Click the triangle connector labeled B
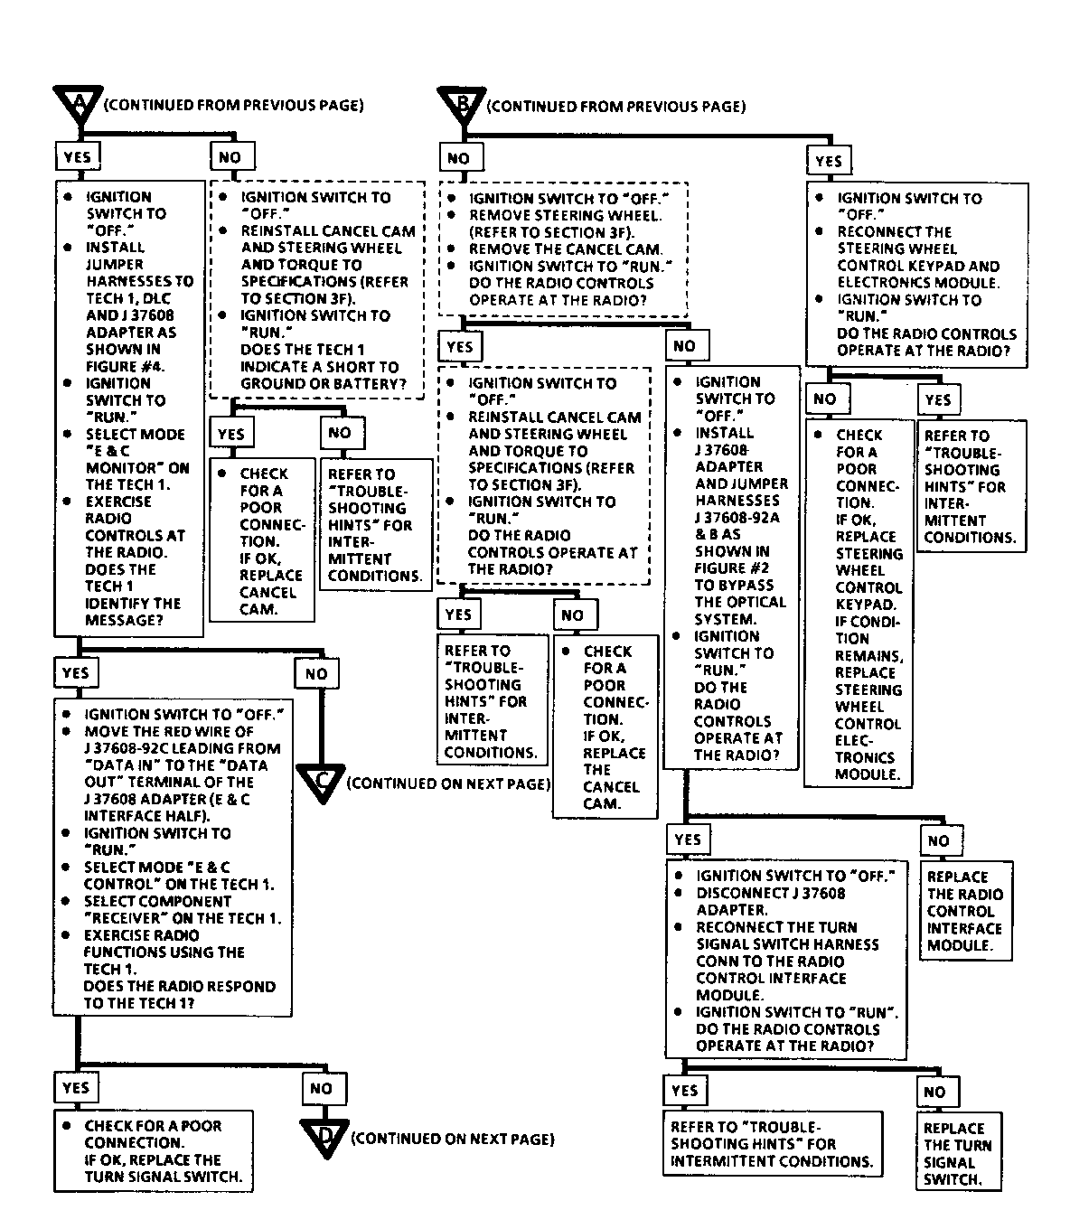(462, 107)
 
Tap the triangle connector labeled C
(321, 782)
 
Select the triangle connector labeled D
(324, 1139)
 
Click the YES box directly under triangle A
(78, 156)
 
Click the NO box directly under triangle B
(459, 158)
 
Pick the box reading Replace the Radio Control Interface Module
(964, 911)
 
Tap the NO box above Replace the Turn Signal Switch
(934, 1092)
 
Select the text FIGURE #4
(126, 366)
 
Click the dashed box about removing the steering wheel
(564, 249)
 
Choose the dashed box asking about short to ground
(317, 290)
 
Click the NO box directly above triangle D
(321, 1089)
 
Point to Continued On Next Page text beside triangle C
(448, 783)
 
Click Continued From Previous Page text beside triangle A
(233, 105)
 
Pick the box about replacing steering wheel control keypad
(859, 605)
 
